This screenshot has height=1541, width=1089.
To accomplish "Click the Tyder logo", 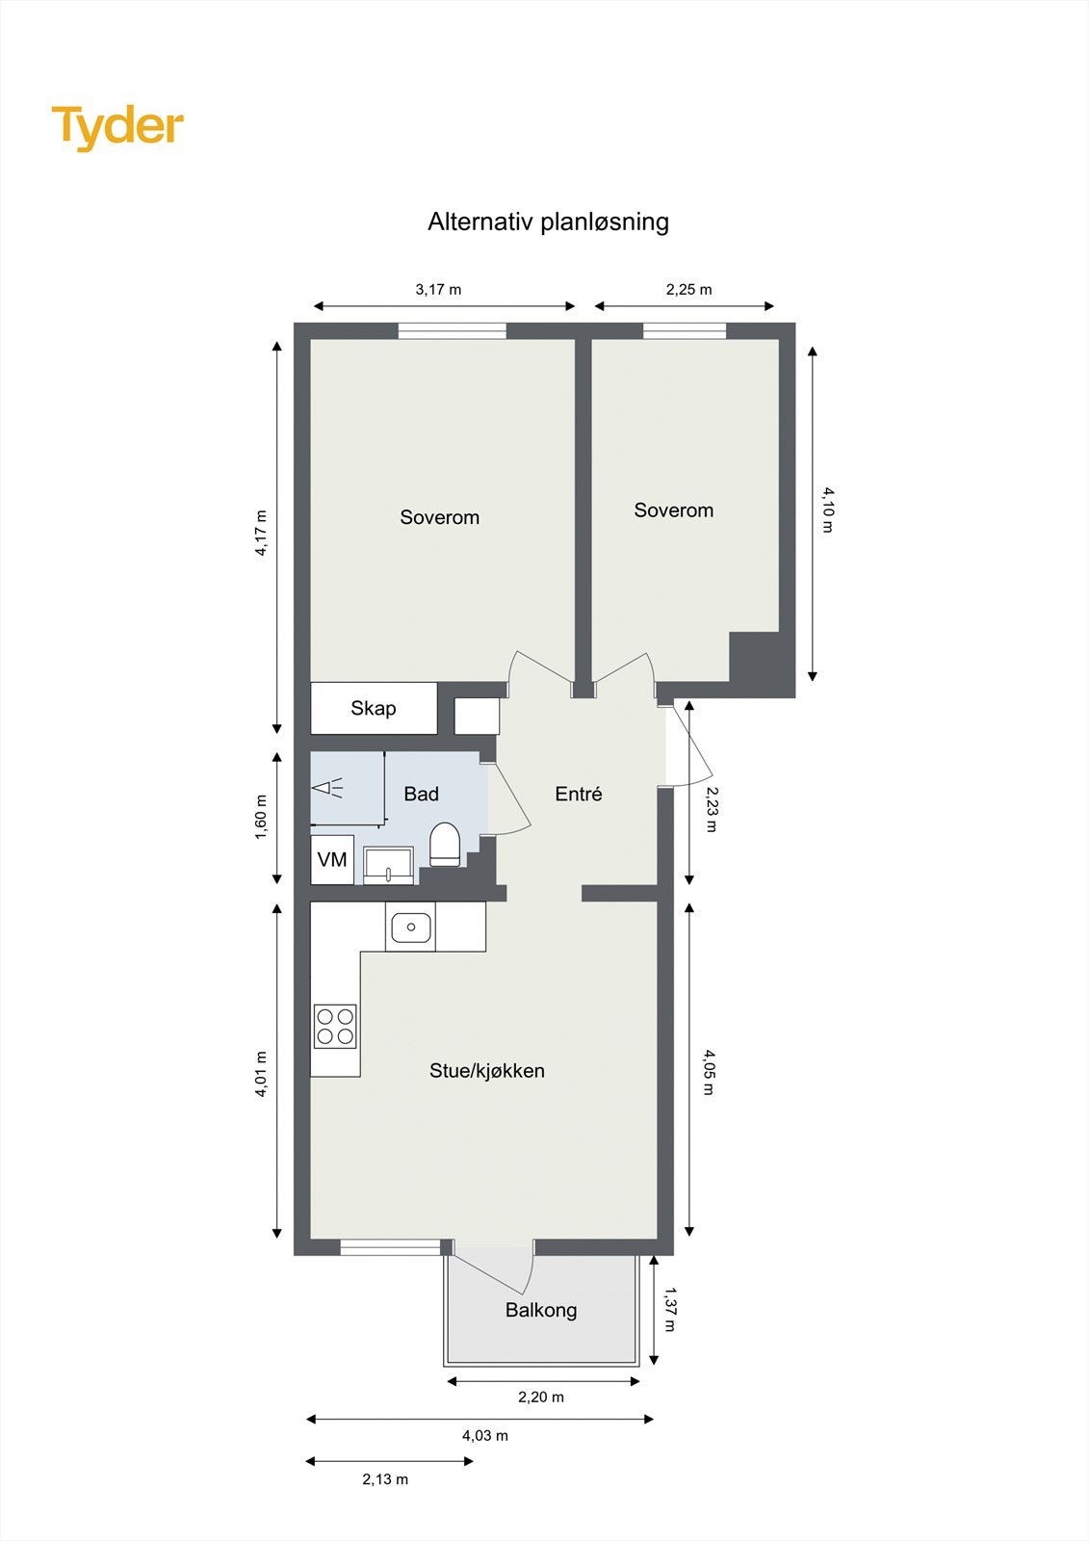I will point(117,127).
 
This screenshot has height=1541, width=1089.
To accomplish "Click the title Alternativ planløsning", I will point(548,222).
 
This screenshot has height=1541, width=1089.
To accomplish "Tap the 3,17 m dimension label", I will point(438,289).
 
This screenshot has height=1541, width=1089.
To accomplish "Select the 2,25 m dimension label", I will point(688,289).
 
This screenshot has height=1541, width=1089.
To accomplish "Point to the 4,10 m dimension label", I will point(827,509).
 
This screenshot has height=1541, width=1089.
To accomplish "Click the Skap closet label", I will point(373,709).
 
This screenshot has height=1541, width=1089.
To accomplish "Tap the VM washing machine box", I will point(332,859).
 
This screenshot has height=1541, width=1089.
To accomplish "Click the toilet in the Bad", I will point(445,844).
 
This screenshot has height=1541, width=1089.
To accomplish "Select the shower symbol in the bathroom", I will point(328,788).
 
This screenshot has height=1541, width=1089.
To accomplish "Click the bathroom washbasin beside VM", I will point(388,865).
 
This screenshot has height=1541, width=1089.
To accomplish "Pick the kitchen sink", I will point(410,927).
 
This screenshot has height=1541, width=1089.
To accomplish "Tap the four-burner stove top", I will point(335,1026).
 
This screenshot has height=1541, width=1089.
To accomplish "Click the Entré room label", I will point(579,794).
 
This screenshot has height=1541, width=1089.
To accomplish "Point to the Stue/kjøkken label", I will point(487,1071).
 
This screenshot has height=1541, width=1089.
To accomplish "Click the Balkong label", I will point(541,1310).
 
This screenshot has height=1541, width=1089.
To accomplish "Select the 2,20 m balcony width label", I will point(541,1397).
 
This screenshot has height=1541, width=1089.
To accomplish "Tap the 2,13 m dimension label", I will point(385,1479).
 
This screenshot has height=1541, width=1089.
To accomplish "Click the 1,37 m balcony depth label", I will point(669,1309).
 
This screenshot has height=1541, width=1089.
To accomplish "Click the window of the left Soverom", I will point(453,330).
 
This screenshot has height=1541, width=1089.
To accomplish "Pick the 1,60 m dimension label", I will point(261,817).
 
